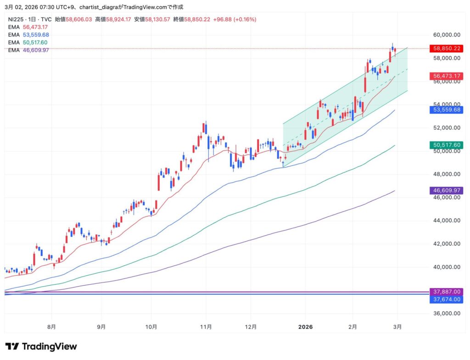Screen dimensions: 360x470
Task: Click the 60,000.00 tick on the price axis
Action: pyautogui.click(x=447, y=35)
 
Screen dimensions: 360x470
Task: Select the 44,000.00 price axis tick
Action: pyautogui.click(x=447, y=221)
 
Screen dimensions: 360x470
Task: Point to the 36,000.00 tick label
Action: pyautogui.click(x=447, y=314)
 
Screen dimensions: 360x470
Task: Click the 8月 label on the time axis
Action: pyautogui.click(x=52, y=327)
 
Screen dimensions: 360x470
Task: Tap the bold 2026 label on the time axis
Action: pyautogui.click(x=305, y=327)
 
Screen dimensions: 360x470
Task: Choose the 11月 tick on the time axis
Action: pyautogui.click(x=206, y=327)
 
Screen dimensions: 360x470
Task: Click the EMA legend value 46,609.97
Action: pyautogui.click(x=36, y=50)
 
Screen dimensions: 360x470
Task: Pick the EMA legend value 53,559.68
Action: pyautogui.click(x=36, y=35)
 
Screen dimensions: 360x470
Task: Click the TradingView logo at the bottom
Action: pyautogui.click(x=41, y=347)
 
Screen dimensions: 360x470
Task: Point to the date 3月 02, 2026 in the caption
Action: pyautogui.click(x=23, y=7)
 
